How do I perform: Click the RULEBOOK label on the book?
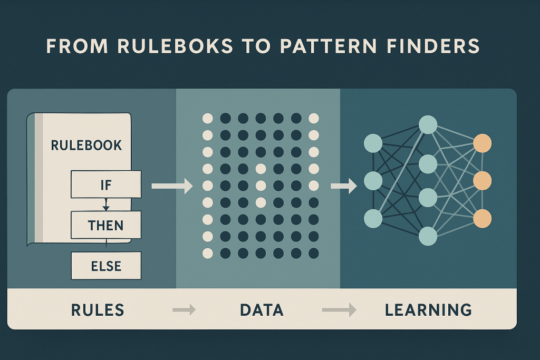(x=86, y=145)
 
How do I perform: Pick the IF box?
(x=106, y=184)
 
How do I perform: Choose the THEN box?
(x=106, y=225)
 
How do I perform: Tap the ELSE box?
(x=106, y=265)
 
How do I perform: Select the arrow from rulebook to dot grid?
(x=172, y=186)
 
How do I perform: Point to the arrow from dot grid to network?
(x=342, y=186)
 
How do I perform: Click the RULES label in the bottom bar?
(x=98, y=310)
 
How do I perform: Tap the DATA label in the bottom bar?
(x=262, y=310)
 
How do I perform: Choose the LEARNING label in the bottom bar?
(x=428, y=310)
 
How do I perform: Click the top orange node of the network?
(x=482, y=143)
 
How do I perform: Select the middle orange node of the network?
(x=482, y=181)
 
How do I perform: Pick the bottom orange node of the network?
(x=482, y=218)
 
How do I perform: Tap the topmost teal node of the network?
(x=428, y=125)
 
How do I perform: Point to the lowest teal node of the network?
(x=428, y=236)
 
